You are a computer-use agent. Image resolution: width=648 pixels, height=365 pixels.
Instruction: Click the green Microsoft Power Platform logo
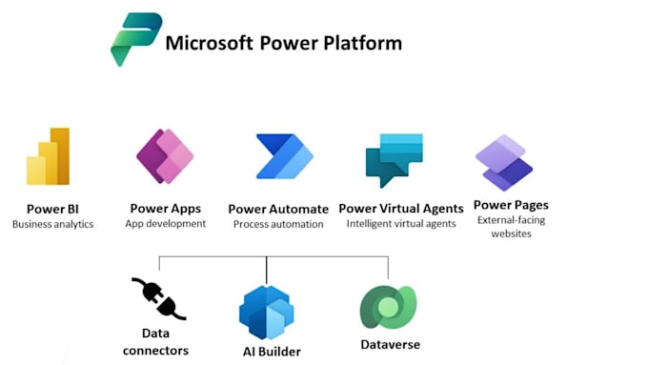click(x=136, y=39)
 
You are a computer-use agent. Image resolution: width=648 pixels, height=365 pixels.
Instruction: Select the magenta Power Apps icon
click(x=165, y=155)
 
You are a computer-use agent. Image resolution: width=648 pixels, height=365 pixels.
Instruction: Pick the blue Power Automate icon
click(x=284, y=157)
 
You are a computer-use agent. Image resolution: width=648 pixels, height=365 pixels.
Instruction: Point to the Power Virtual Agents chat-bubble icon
click(x=394, y=159)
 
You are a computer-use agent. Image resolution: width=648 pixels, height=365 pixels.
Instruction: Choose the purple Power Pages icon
click(x=504, y=161)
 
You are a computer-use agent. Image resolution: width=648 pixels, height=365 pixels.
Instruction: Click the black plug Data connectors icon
click(x=157, y=298)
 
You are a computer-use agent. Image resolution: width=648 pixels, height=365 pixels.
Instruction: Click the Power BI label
click(x=52, y=208)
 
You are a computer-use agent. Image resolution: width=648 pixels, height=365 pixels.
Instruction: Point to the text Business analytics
click(x=52, y=224)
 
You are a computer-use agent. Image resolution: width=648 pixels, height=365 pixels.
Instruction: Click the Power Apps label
click(x=165, y=208)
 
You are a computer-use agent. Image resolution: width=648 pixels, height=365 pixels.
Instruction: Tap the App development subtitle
click(x=165, y=224)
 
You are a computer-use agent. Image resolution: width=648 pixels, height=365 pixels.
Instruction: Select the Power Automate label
click(x=278, y=209)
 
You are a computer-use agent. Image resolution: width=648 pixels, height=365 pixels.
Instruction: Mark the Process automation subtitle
click(x=278, y=225)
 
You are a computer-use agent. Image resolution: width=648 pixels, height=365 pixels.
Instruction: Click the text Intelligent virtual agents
click(x=401, y=225)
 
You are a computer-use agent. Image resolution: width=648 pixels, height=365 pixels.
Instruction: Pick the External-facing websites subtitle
click(x=511, y=227)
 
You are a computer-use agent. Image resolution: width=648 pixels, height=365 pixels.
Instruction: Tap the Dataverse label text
click(x=390, y=344)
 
